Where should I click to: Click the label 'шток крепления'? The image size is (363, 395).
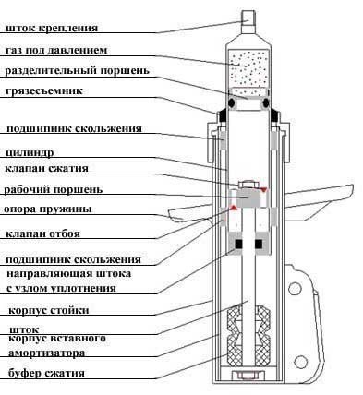pyautogui.click(x=52, y=28)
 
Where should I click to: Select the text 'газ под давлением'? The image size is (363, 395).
pyautogui.click(x=56, y=50)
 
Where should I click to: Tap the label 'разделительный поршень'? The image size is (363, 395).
pyautogui.click(x=77, y=70)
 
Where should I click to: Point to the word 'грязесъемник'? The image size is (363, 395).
pyautogui.click(x=44, y=91)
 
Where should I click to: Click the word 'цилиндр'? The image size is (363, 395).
pyautogui.click(x=30, y=152)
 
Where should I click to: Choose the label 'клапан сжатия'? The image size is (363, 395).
pyautogui.click(x=46, y=168)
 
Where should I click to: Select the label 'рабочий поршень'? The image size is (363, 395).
pyautogui.click(x=53, y=189)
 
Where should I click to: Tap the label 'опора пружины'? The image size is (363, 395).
pyautogui.click(x=47, y=209)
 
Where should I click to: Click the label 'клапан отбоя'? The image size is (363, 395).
pyautogui.click(x=42, y=233)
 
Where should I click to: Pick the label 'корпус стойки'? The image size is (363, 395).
pyautogui.click(x=49, y=310)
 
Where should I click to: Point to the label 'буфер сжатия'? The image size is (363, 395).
pyautogui.click(x=46, y=373)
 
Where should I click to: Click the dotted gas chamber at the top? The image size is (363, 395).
pyautogui.click(x=248, y=67)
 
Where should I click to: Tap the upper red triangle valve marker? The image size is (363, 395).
pyautogui.click(x=264, y=189)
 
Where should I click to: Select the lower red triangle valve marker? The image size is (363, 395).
pyautogui.click(x=233, y=208)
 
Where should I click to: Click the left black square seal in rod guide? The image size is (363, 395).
pyautogui.click(x=238, y=245)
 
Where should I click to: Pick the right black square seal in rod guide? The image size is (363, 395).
pyautogui.click(x=259, y=245)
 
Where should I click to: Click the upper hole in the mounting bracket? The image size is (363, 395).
pyautogui.click(x=295, y=288)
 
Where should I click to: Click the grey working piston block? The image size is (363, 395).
pyautogui.click(x=248, y=197)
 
